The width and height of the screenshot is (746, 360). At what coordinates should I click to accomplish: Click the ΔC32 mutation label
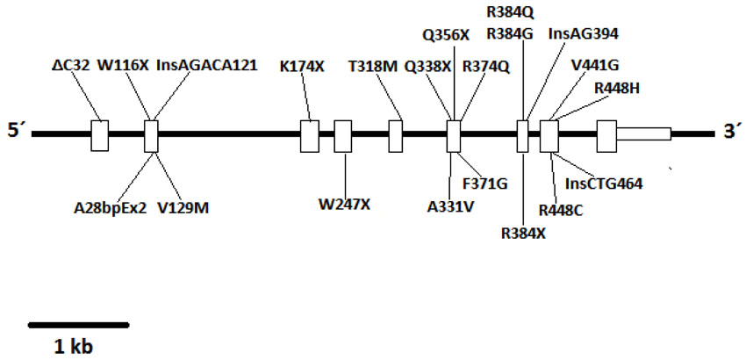(71, 65)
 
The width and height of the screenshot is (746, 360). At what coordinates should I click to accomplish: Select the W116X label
(123, 65)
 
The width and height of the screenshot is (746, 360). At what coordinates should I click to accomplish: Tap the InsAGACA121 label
(206, 65)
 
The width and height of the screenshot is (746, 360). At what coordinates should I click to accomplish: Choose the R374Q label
(485, 66)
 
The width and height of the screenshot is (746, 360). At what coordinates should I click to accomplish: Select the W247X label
(344, 205)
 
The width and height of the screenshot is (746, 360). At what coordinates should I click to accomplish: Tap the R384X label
(524, 233)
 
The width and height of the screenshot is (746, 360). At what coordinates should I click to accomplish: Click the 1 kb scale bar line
(79, 324)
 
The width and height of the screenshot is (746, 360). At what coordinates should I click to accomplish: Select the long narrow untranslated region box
(643, 133)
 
